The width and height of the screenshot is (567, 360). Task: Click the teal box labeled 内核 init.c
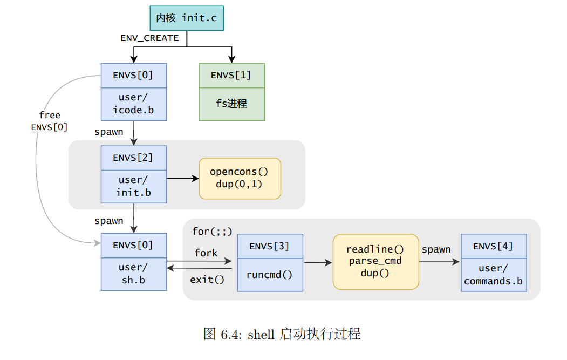pos(187,18)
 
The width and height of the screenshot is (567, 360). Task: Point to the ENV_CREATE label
pos(149,38)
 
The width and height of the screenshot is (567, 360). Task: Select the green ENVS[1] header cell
pos(231,76)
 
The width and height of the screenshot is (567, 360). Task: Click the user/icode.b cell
pos(133,104)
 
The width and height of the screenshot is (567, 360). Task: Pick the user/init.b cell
pos(133,186)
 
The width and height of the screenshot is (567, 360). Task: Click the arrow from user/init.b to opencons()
pos(182,178)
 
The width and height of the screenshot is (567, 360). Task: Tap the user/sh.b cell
pos(133,274)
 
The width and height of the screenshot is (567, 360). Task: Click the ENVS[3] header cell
pos(270,247)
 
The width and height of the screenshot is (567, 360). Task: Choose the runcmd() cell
pos(270,275)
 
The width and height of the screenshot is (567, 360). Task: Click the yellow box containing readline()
pos(375,262)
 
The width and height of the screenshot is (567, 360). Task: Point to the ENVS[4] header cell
pos(493,247)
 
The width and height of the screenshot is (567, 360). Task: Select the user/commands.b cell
pos(493,275)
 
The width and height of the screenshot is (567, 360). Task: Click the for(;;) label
pos(212,232)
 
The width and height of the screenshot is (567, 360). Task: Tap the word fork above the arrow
pos(206,253)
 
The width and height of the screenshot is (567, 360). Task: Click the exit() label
pos(207,280)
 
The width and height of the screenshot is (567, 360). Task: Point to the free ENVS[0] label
pos(50,121)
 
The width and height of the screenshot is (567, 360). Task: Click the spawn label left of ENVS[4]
pos(436,249)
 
